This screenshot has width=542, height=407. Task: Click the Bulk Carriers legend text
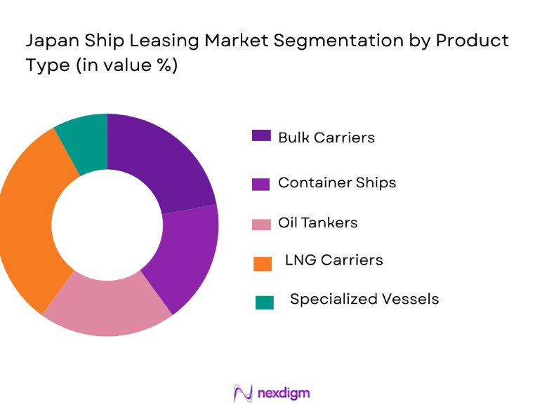point(326,138)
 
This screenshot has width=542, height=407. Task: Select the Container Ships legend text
point(337,182)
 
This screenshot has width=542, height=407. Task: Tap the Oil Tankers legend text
point(317,222)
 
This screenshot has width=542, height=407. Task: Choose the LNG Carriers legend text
point(333,260)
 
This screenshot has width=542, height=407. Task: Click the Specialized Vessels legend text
point(364,299)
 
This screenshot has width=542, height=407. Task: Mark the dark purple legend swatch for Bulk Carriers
point(261,135)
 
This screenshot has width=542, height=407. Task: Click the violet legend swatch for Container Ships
point(261,185)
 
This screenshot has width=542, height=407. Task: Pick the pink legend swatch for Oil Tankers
point(261,225)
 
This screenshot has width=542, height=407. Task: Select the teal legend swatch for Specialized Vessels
point(265,302)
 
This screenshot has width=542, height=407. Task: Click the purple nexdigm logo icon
point(243,393)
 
